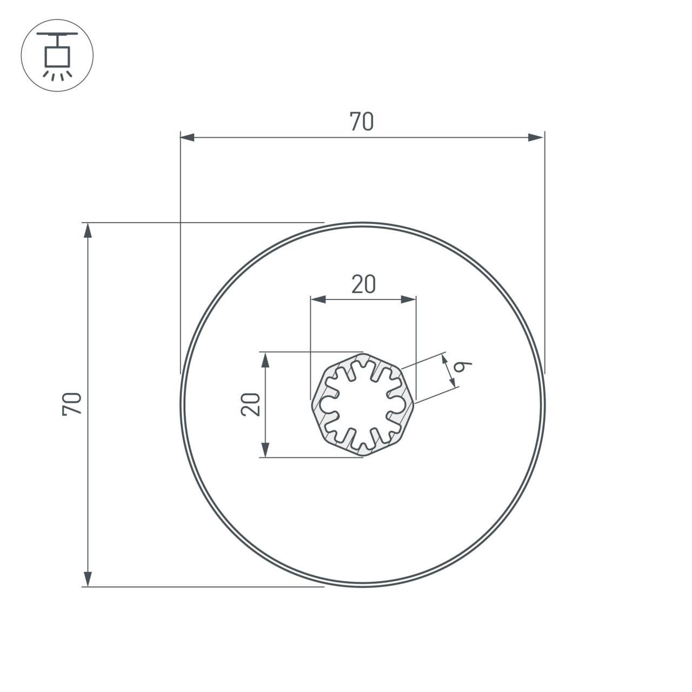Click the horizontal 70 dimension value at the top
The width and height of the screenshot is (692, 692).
point(362,122)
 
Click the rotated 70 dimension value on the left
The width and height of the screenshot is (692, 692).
point(72,404)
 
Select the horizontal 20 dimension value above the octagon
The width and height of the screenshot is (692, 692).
point(363,284)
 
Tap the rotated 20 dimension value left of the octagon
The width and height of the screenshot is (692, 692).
point(250,404)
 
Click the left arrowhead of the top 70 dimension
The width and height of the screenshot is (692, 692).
point(187,138)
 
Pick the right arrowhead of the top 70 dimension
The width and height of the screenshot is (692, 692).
point(536,138)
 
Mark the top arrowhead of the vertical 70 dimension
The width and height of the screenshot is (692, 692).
point(88,230)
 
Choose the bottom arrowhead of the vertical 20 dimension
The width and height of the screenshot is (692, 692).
point(265,450)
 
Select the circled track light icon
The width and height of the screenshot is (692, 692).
point(57,55)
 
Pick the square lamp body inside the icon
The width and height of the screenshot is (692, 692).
point(57,56)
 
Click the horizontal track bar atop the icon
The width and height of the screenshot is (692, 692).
point(57,34)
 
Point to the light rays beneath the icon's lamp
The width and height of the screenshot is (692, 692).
point(57,75)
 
